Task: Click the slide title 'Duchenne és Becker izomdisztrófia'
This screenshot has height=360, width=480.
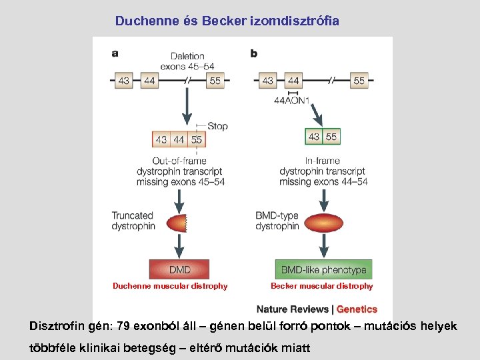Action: [x=227, y=21]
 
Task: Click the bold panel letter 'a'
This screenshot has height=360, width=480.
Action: [x=115, y=53]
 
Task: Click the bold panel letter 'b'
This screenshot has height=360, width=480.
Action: [x=254, y=53]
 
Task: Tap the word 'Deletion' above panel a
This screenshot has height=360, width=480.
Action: [x=187, y=57]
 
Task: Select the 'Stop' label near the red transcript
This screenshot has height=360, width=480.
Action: [x=217, y=126]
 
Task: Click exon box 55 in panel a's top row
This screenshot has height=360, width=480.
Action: [x=215, y=81]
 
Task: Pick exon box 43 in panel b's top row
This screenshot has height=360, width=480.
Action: [x=267, y=81]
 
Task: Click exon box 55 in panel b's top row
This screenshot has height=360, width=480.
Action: [x=359, y=81]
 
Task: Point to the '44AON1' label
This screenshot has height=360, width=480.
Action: [x=292, y=101]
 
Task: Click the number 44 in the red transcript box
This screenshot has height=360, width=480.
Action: [x=179, y=140]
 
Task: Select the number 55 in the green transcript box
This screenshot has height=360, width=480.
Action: [x=331, y=137]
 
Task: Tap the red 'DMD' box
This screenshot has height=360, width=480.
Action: [x=179, y=270]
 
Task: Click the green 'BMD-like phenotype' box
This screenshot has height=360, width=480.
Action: [x=323, y=270]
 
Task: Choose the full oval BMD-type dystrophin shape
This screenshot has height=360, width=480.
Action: [x=323, y=221]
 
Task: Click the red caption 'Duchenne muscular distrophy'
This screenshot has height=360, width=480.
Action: [x=170, y=286]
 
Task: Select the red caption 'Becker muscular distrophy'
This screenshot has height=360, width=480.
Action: [x=321, y=286]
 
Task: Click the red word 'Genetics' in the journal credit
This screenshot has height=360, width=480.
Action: [x=357, y=309]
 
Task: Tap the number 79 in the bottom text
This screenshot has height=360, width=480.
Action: [x=123, y=327]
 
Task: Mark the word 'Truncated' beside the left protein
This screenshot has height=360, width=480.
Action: [x=132, y=215]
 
